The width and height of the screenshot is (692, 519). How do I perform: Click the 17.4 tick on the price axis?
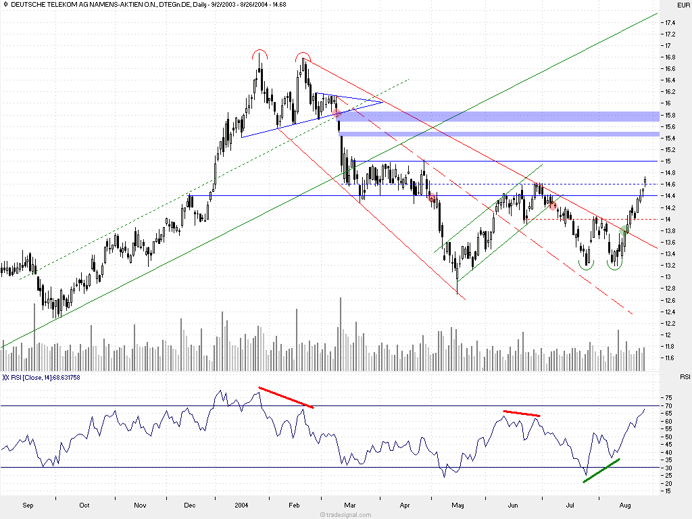669,22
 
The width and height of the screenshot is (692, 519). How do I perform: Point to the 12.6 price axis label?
669,300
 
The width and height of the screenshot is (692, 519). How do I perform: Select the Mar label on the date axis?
350,505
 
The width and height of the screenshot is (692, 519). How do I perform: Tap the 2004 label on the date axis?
242,505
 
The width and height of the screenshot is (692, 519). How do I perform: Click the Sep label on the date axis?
28,505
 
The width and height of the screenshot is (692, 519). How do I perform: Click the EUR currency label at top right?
683,5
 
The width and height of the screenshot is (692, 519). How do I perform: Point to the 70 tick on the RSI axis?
667,405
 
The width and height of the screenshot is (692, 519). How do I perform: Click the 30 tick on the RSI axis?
667,468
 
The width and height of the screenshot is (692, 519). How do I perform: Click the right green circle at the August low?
614,264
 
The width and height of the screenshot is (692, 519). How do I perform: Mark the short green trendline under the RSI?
601,470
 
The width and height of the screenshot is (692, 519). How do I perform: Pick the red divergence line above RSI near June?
522,413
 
